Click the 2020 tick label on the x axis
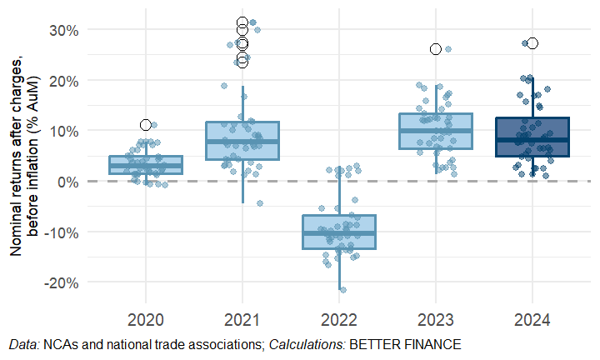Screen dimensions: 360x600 (x=146, y=319)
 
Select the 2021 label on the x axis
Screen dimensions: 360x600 (x=242, y=319)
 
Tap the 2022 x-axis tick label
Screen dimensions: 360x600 (x=339, y=319)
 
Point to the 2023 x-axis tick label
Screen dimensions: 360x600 (x=435, y=319)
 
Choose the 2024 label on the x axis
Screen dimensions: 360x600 (x=532, y=319)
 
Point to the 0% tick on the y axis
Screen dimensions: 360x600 (x=69, y=182)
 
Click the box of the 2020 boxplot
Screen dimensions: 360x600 (x=146, y=165)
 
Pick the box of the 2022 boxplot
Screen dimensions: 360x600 (x=339, y=232)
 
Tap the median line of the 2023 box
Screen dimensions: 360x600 (x=435, y=131)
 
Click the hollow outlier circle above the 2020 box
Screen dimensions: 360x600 (x=146, y=125)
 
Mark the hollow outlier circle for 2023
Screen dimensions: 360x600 (x=435, y=49)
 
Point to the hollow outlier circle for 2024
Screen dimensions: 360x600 (x=532, y=43)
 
